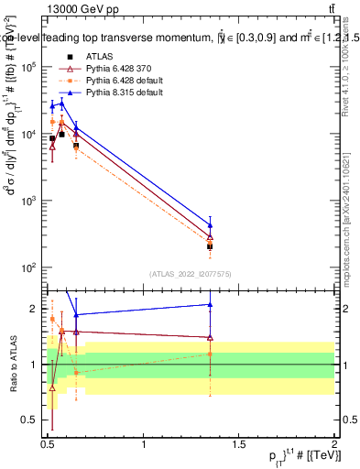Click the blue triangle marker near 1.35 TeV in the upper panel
[211, 225]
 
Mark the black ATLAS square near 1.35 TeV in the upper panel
[211, 246]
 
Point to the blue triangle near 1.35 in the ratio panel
[211, 305]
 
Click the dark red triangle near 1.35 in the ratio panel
[211, 337]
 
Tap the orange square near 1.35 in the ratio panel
[211, 354]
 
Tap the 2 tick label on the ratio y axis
[36, 309]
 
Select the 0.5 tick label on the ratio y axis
[31, 420]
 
